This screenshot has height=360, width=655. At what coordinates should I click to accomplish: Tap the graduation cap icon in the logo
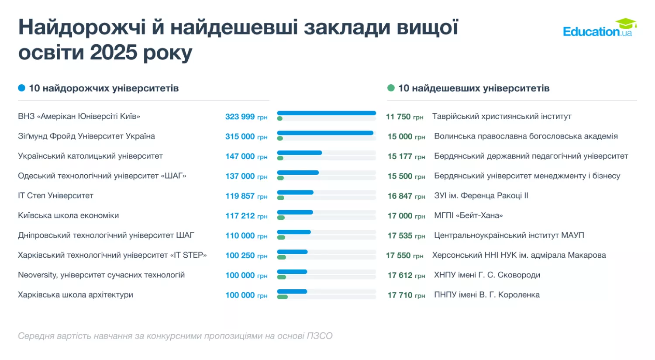[626, 23]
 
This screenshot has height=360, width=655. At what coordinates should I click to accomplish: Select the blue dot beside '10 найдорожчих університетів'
[21, 88]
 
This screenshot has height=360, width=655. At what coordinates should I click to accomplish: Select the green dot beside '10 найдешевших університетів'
[391, 88]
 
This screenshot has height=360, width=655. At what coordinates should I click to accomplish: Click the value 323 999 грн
[246, 117]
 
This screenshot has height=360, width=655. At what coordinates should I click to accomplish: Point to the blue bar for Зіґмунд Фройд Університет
[325, 133]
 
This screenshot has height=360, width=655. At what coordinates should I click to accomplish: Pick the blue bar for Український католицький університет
[300, 152]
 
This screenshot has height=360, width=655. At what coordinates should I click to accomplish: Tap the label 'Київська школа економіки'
[69, 215]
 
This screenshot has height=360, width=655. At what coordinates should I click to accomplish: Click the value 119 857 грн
[246, 196]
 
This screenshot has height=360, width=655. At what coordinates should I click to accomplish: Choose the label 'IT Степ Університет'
[55, 196]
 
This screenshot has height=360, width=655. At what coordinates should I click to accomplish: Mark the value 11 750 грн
[404, 117]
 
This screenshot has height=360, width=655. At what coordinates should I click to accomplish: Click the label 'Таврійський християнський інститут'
[502, 117]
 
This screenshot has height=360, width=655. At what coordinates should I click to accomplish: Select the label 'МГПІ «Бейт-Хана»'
[468, 215]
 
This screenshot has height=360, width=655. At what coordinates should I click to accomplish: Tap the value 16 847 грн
[406, 196]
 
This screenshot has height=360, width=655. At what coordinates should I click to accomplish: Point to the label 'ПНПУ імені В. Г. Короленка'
[486, 295]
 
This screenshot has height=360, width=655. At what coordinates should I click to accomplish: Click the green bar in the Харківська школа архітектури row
[283, 297]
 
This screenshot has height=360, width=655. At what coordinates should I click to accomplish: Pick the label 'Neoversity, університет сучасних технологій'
[101, 275]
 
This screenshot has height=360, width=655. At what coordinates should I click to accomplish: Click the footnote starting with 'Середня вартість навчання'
[175, 336]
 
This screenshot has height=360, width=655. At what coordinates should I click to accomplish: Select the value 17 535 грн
[406, 236]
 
